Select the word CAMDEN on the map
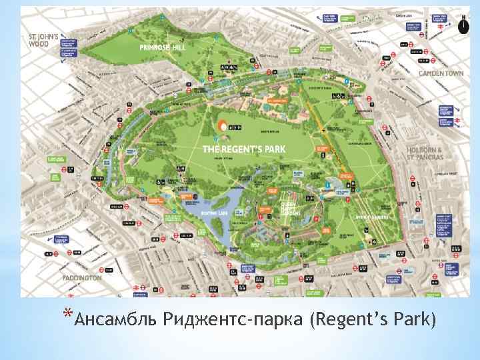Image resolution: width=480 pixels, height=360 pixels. tap(431, 73)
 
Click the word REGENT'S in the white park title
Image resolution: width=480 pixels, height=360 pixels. tap(239, 147)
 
